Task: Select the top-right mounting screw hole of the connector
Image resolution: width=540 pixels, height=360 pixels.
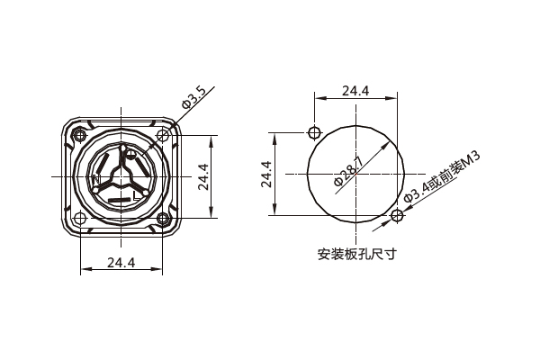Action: tap(162, 136)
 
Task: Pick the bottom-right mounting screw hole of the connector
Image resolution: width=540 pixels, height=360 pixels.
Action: tap(162, 218)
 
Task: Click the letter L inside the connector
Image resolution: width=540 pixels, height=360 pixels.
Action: tap(136, 193)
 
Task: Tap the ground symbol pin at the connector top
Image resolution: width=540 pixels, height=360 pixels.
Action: tap(131, 154)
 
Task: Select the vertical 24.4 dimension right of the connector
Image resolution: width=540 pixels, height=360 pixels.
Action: tap(204, 177)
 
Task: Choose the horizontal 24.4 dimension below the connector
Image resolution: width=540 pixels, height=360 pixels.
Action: tap(121, 263)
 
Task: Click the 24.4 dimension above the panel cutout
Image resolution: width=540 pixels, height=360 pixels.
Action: tap(355, 91)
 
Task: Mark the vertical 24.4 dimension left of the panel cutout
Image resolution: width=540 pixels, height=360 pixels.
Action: tap(266, 174)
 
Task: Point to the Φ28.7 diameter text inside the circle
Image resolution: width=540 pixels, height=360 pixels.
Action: tap(348, 172)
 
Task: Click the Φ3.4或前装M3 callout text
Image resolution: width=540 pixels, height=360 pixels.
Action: tap(442, 177)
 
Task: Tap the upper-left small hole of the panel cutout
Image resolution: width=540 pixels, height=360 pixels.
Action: tap(313, 132)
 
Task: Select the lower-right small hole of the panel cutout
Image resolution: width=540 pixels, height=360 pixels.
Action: tap(397, 215)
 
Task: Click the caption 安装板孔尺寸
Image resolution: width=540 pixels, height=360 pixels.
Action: tap(357, 254)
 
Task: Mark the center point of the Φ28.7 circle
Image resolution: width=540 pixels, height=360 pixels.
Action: tap(355, 174)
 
